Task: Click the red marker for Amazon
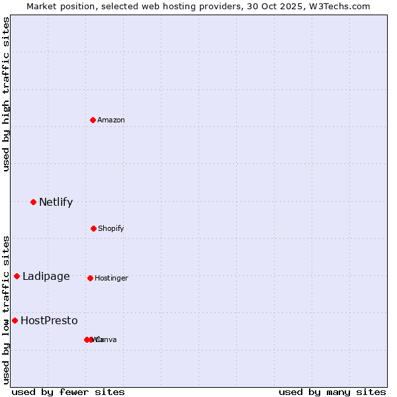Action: [93, 120]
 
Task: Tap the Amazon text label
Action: [111, 120]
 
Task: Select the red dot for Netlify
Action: [33, 202]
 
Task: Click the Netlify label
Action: [56, 202]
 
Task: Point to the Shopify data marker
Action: [93, 228]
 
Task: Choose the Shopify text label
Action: [111, 228]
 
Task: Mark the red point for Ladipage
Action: [17, 276]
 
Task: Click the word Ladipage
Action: [46, 276]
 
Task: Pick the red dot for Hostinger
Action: [90, 278]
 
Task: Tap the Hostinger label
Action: [111, 278]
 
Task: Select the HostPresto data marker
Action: [15, 320]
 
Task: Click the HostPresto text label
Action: [49, 320]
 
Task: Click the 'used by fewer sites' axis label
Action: [67, 392]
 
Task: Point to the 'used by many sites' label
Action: [331, 392]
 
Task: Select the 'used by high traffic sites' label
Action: [6, 94]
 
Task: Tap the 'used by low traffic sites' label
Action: [6, 309]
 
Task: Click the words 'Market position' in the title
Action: [58, 6]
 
